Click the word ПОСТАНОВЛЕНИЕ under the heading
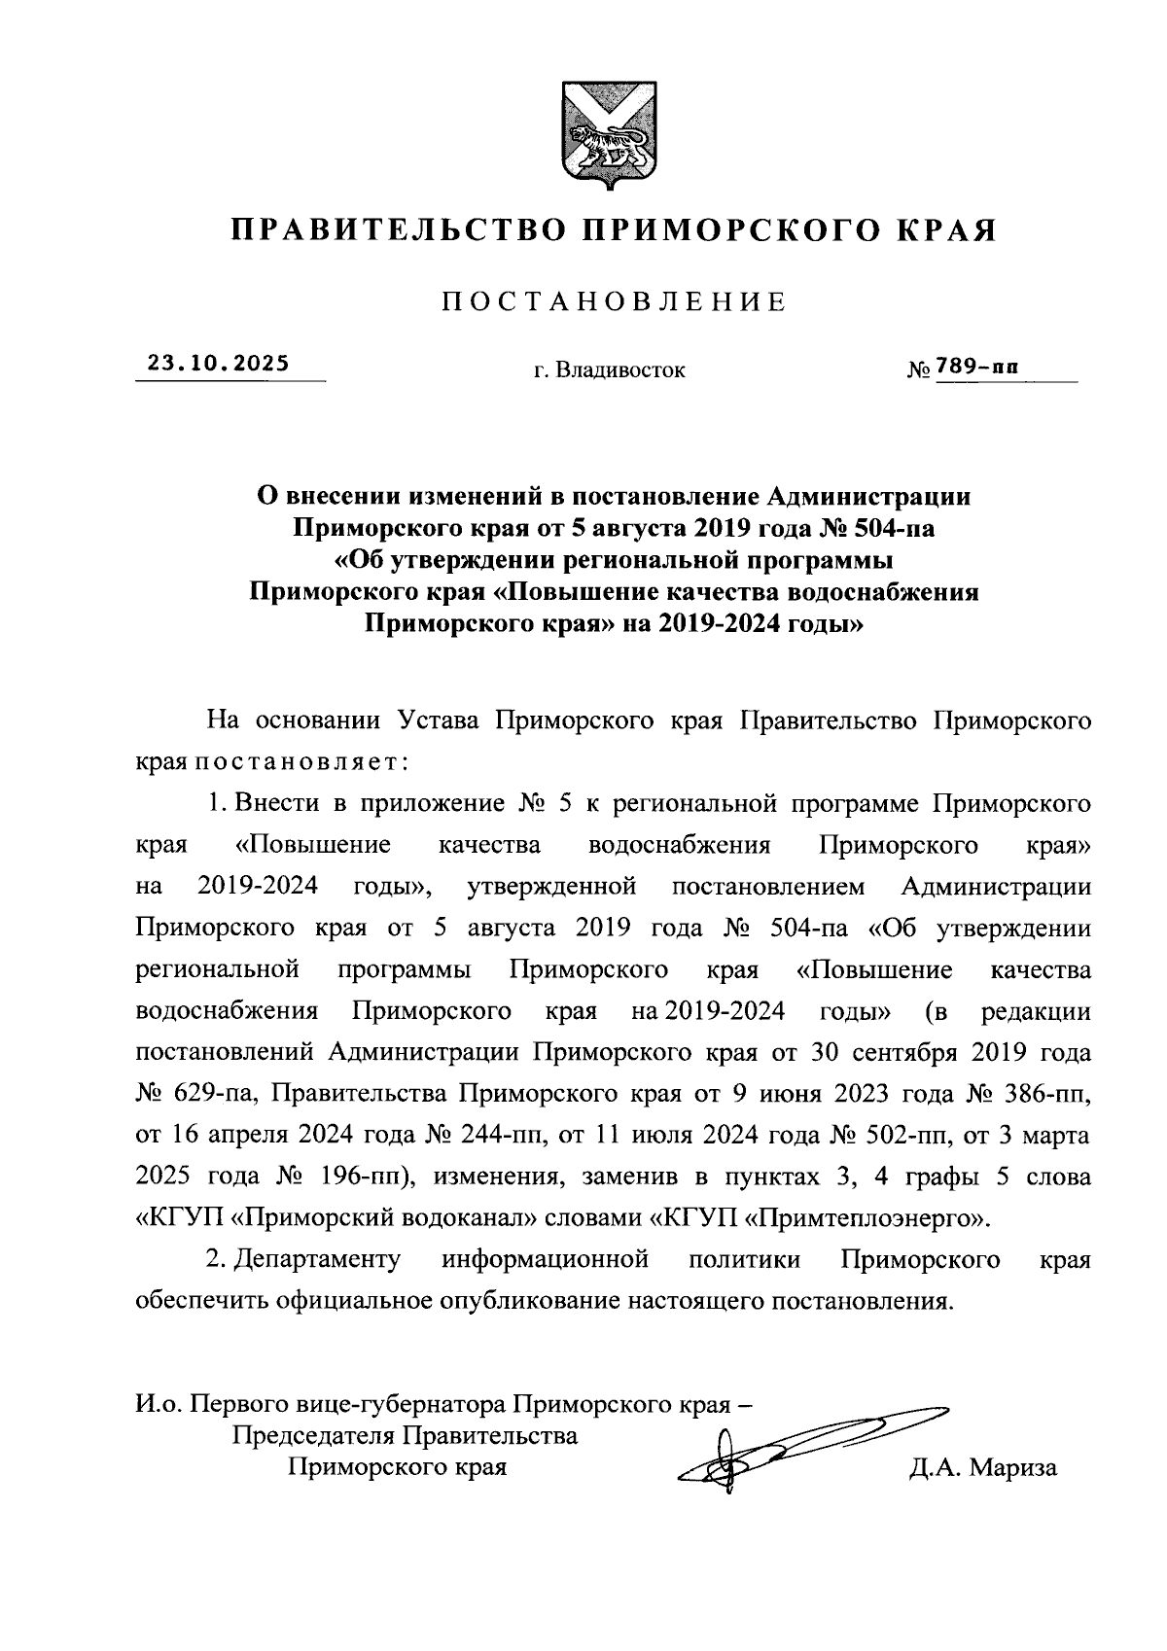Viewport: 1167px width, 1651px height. click(x=614, y=302)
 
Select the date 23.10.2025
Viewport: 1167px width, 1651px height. click(x=219, y=364)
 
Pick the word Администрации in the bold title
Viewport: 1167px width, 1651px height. click(x=869, y=497)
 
